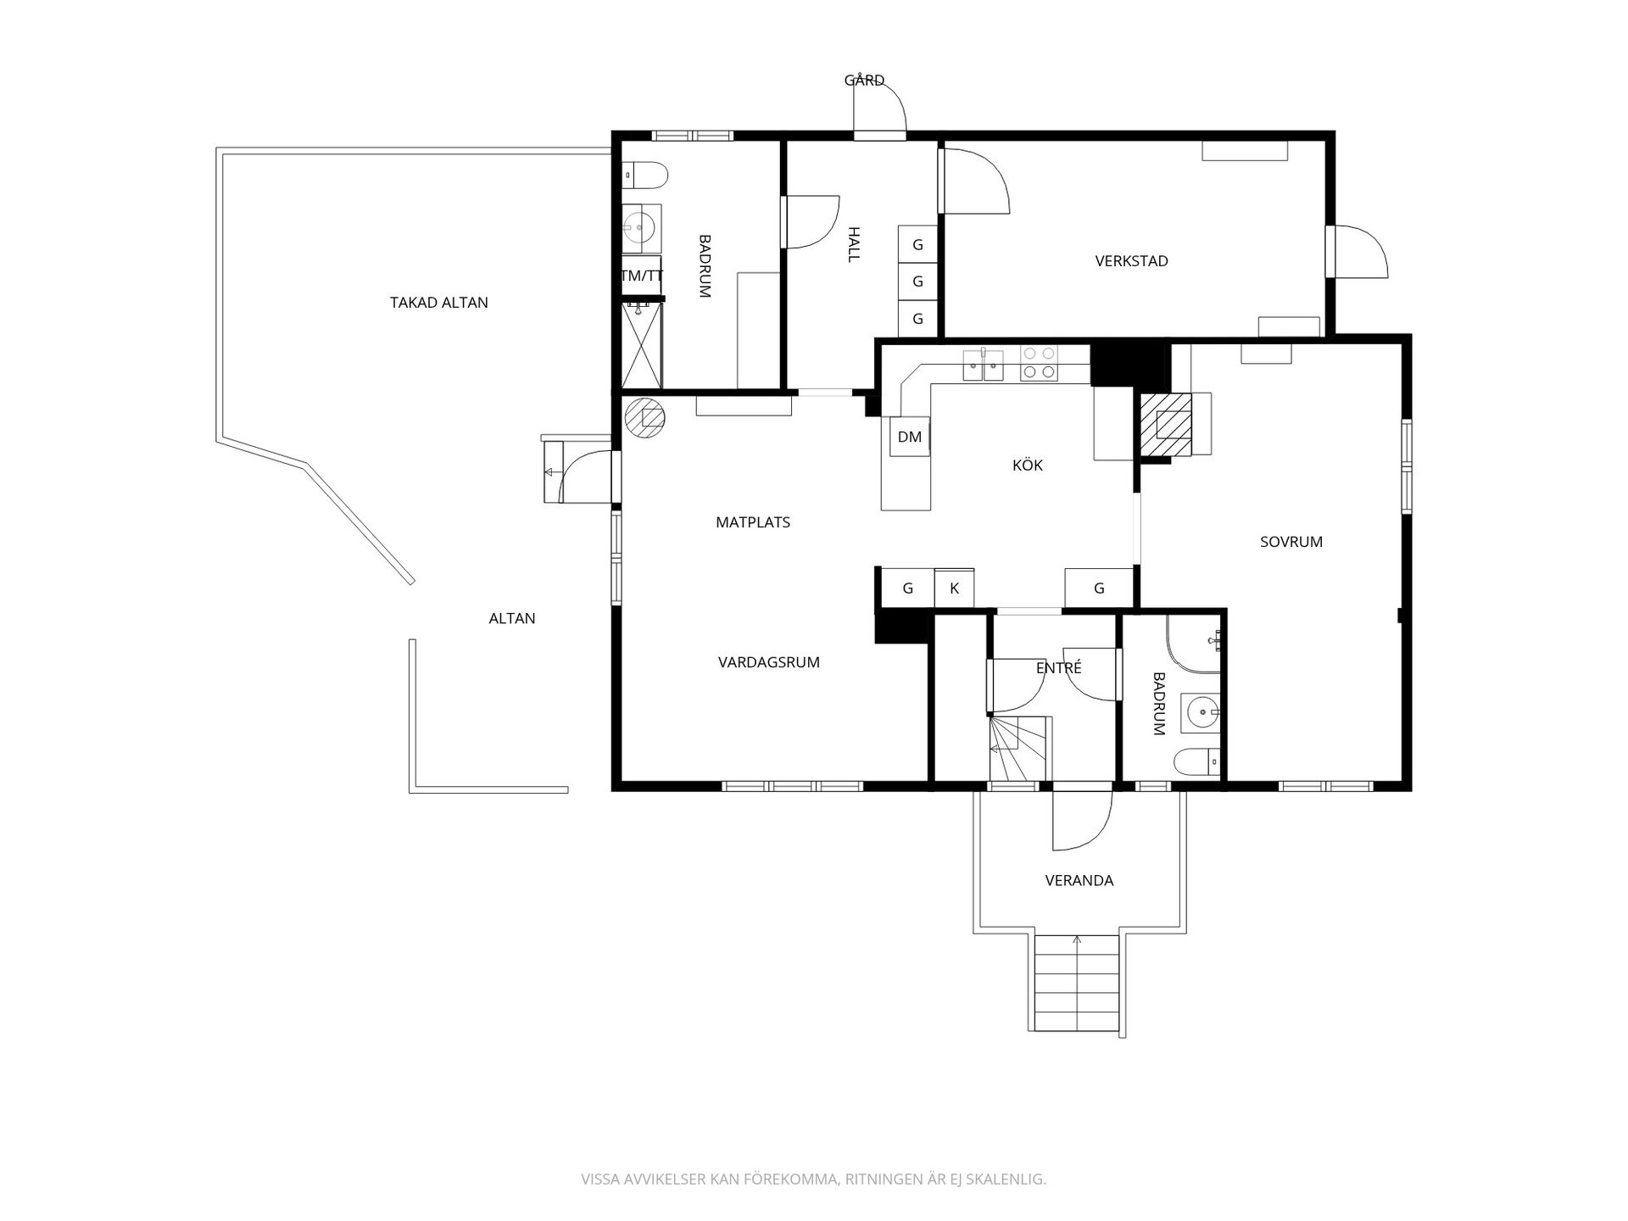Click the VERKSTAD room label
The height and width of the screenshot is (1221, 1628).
(1131, 261)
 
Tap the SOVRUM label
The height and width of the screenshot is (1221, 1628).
(1291, 542)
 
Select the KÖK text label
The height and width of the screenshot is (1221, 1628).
(1028, 465)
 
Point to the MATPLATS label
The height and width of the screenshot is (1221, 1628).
(753, 522)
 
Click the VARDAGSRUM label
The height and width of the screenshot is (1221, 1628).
(769, 662)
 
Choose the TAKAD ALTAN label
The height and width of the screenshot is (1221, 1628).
(439, 303)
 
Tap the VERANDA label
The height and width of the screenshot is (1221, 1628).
(1079, 881)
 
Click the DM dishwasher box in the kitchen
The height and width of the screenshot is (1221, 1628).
(909, 438)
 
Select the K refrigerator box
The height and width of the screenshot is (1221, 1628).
(954, 588)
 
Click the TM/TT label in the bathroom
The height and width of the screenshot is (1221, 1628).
(642, 276)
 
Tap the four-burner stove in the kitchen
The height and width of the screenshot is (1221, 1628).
(1039, 362)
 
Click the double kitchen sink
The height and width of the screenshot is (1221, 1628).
(983, 365)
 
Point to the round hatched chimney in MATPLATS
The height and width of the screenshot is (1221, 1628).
(645, 417)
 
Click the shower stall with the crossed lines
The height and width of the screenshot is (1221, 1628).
(642, 345)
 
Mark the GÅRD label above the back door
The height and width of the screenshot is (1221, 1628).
(864, 81)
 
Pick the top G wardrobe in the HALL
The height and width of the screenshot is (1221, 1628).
(917, 244)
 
